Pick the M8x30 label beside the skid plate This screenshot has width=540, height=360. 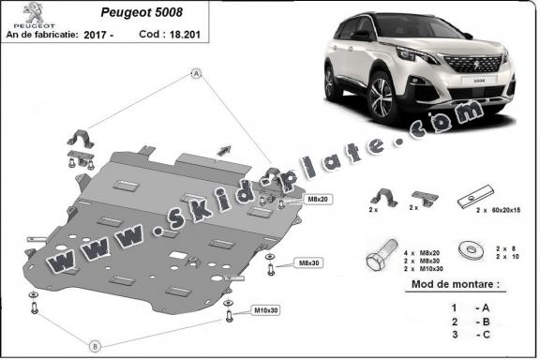pyautogui.click(x=307, y=262)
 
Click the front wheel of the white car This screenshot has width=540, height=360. pyautogui.click(x=382, y=96)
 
